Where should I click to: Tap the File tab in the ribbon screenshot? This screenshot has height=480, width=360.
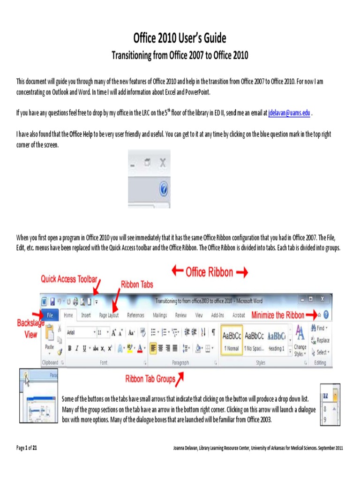click(x=50, y=315)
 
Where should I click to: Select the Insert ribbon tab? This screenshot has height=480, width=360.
click(x=86, y=315)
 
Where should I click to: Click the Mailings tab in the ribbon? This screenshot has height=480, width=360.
click(x=160, y=315)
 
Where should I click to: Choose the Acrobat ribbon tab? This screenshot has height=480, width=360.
click(x=239, y=315)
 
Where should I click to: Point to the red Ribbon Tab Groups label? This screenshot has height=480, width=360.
click(x=150, y=379)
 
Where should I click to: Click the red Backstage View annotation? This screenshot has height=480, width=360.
click(x=30, y=329)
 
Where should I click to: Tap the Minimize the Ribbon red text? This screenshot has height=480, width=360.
click(x=277, y=315)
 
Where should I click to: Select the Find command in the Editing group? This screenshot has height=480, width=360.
click(x=320, y=328)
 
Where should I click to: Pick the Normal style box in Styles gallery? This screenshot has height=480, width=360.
click(x=232, y=340)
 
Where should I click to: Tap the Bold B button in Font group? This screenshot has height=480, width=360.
click(x=70, y=348)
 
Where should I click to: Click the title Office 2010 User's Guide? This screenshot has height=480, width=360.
click(x=180, y=38)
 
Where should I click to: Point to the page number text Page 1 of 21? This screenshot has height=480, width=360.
click(x=27, y=448)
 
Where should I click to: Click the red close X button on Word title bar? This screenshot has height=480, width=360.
click(x=322, y=299)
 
